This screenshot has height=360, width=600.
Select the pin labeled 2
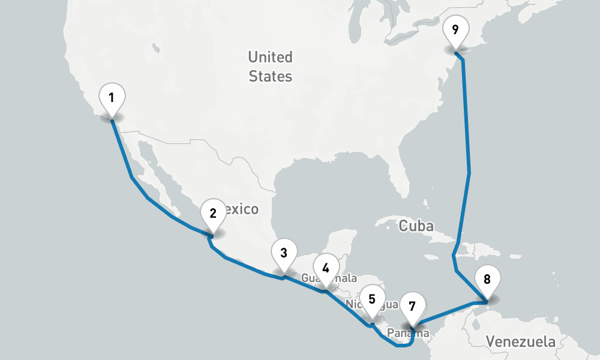pos(212,212)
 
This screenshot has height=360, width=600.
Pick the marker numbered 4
pos(325,268)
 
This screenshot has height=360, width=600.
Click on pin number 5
pos(371,299)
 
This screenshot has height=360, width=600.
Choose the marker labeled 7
pos(412,305)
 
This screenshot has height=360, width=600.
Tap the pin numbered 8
pos(487,279)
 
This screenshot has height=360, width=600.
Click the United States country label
pos(271,67)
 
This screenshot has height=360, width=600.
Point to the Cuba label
pos(416,226)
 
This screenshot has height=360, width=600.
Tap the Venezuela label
pos(520,342)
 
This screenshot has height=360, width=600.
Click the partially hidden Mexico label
pos(243,209)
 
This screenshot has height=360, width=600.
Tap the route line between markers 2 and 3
pos(246,266)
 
